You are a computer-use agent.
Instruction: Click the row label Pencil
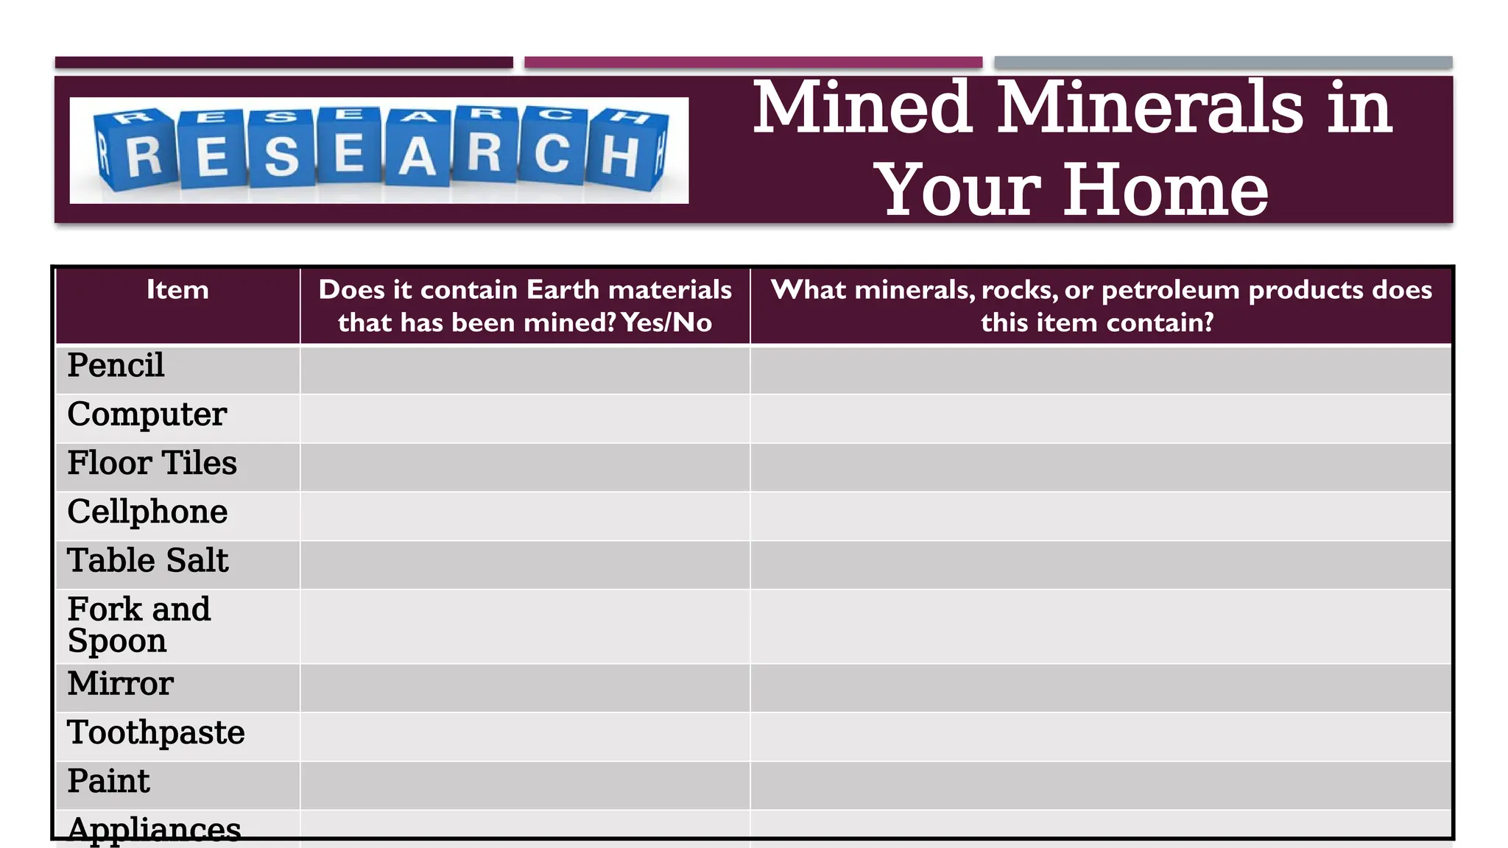[116, 366]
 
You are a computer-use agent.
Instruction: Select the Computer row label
[147, 414]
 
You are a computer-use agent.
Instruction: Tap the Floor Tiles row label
[152, 463]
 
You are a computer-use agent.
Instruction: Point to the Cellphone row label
[147, 512]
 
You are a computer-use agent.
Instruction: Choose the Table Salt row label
[147, 561]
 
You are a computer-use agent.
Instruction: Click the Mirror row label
[120, 684]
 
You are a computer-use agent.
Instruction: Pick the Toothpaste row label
[155, 732]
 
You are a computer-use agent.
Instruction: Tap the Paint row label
[108, 781]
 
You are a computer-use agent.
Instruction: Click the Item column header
[177, 290]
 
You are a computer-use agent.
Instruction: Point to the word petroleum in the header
[1170, 290]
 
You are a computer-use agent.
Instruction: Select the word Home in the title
[1166, 190]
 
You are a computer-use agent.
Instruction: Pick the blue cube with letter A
[417, 151]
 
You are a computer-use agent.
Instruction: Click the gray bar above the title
[1223, 63]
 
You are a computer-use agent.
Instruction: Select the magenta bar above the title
[753, 63]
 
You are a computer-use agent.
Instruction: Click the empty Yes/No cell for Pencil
[525, 370]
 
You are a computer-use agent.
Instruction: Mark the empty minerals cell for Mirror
[1101, 688]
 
